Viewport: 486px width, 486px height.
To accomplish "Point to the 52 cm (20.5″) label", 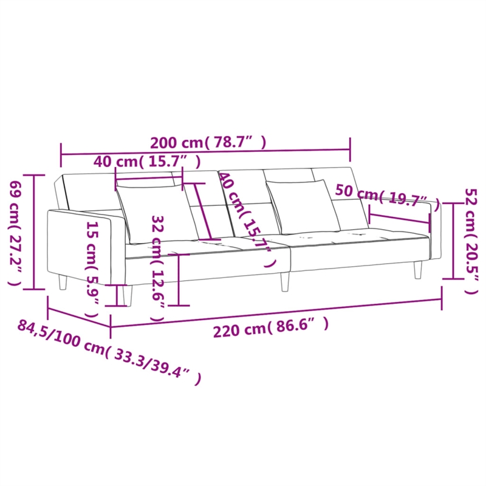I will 469,239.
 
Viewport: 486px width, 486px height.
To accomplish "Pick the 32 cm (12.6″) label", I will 157,267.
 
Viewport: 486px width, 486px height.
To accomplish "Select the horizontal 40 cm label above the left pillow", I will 148,161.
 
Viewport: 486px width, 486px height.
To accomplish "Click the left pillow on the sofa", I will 157,213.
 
